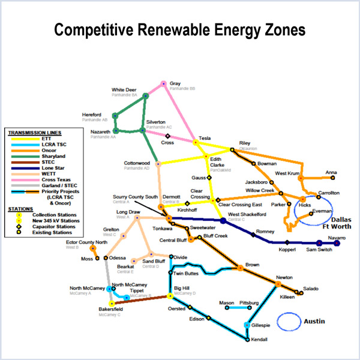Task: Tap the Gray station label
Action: [x=175, y=83]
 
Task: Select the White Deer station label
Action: [x=124, y=90]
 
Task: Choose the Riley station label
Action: [x=244, y=143]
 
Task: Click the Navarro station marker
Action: [x=337, y=244]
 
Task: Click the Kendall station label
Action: [x=260, y=340]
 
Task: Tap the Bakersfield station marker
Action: [x=111, y=304]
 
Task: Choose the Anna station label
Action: [x=331, y=173]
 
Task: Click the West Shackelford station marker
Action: [x=223, y=221]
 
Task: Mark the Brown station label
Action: [x=253, y=264]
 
